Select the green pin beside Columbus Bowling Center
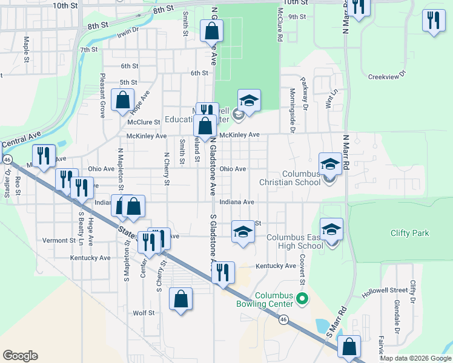(x=305, y=298)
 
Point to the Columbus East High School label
(x=295, y=242)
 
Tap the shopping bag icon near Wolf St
(x=180, y=299)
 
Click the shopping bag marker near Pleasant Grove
(x=123, y=100)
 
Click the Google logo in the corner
(x=20, y=356)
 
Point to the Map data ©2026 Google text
(x=415, y=358)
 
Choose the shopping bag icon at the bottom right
(x=349, y=347)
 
